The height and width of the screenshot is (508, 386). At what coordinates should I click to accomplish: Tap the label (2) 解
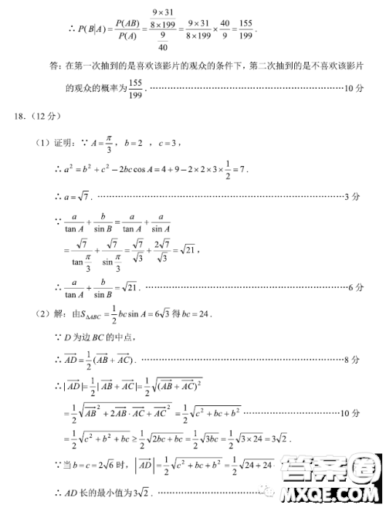[52, 313]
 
